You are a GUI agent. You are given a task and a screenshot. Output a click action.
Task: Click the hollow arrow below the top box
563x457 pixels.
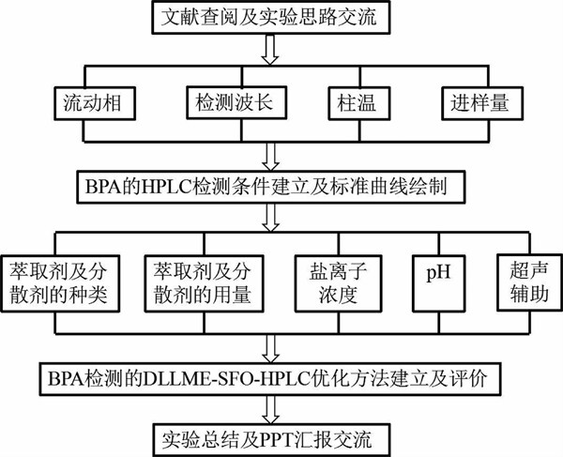point(269,52)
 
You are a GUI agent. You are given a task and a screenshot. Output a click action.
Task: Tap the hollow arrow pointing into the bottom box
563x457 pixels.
point(269,407)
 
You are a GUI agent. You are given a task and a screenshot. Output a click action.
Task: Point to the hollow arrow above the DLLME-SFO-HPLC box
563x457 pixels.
point(269,347)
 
